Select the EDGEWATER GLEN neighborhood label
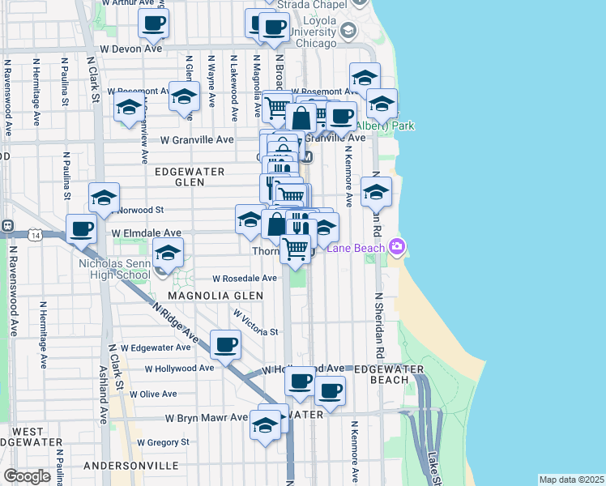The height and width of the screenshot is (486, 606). [190, 177]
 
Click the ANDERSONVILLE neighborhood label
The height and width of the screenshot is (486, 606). [130, 466]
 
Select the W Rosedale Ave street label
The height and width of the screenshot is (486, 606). [245, 278]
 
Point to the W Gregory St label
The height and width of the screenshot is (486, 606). [163, 442]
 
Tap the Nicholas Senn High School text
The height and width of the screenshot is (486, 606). [114, 269]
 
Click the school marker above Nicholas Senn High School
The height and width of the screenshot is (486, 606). [169, 253]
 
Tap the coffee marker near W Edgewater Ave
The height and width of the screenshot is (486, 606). [225, 344]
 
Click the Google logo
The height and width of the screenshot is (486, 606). [27, 476]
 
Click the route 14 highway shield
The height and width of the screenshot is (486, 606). [35, 235]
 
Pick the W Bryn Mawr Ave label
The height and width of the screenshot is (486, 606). [207, 418]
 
